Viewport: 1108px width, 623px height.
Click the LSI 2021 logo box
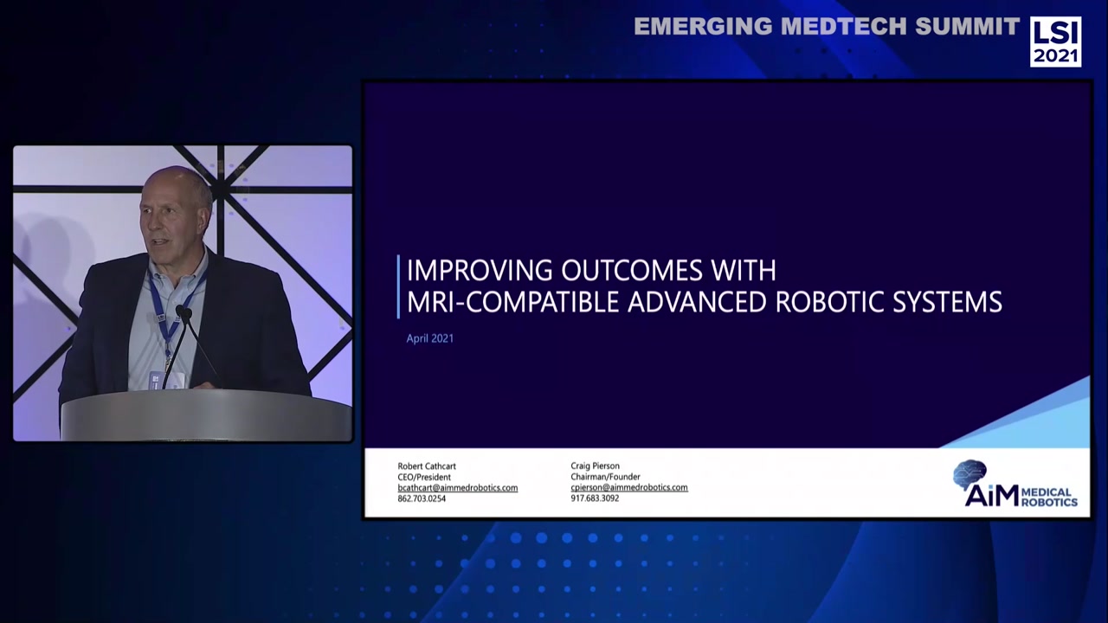pos(1055,42)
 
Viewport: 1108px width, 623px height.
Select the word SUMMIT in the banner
pos(968,27)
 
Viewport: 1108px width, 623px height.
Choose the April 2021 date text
pos(429,338)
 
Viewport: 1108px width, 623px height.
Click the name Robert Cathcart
pos(426,466)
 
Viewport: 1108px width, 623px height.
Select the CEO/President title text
pos(424,477)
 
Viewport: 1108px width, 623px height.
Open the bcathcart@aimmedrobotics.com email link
pos(457,488)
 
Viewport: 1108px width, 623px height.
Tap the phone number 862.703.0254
pos(422,498)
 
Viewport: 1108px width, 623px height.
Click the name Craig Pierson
pos(595,466)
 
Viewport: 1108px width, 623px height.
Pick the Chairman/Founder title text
pos(605,477)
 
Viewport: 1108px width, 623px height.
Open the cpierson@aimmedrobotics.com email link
pos(629,487)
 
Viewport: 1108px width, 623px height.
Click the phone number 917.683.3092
pos(595,498)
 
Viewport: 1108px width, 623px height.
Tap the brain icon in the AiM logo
pos(969,474)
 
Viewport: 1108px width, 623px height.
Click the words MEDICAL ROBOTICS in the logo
pos(1049,497)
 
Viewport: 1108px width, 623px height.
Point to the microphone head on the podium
pos(184,312)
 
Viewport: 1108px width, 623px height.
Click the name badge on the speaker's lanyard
pos(167,379)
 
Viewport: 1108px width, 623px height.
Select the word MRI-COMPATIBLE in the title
pos(513,302)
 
